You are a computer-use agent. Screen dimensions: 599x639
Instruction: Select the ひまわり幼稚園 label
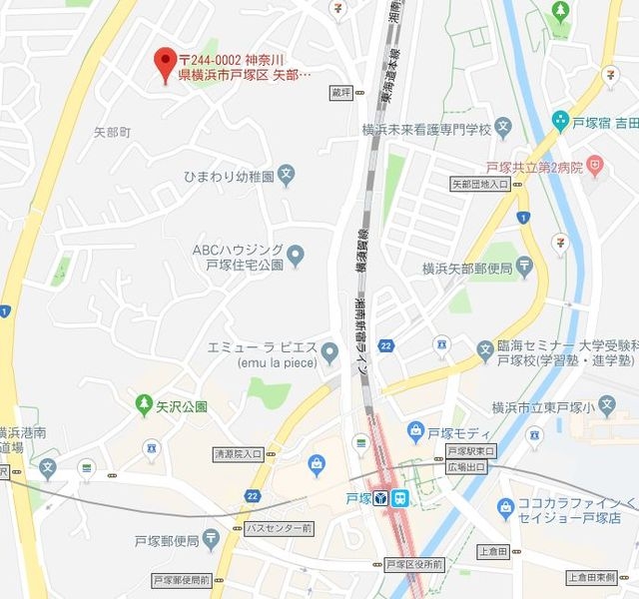click(x=228, y=176)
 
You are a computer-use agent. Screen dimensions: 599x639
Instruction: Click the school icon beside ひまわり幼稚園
click(x=287, y=176)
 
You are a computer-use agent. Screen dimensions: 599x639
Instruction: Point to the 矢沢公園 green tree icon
click(x=143, y=405)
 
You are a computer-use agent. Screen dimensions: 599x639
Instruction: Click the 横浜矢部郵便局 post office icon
click(x=525, y=268)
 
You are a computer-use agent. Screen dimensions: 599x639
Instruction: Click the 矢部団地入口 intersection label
click(x=479, y=185)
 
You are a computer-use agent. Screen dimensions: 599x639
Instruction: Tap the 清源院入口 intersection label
click(x=238, y=454)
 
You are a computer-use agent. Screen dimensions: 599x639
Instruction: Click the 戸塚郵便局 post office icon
click(x=210, y=540)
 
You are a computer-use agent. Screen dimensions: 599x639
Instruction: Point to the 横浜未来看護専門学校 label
click(x=427, y=130)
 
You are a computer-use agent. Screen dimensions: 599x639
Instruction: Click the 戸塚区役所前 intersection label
click(x=413, y=565)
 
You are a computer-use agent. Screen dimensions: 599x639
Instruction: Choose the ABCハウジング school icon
click(x=296, y=257)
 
